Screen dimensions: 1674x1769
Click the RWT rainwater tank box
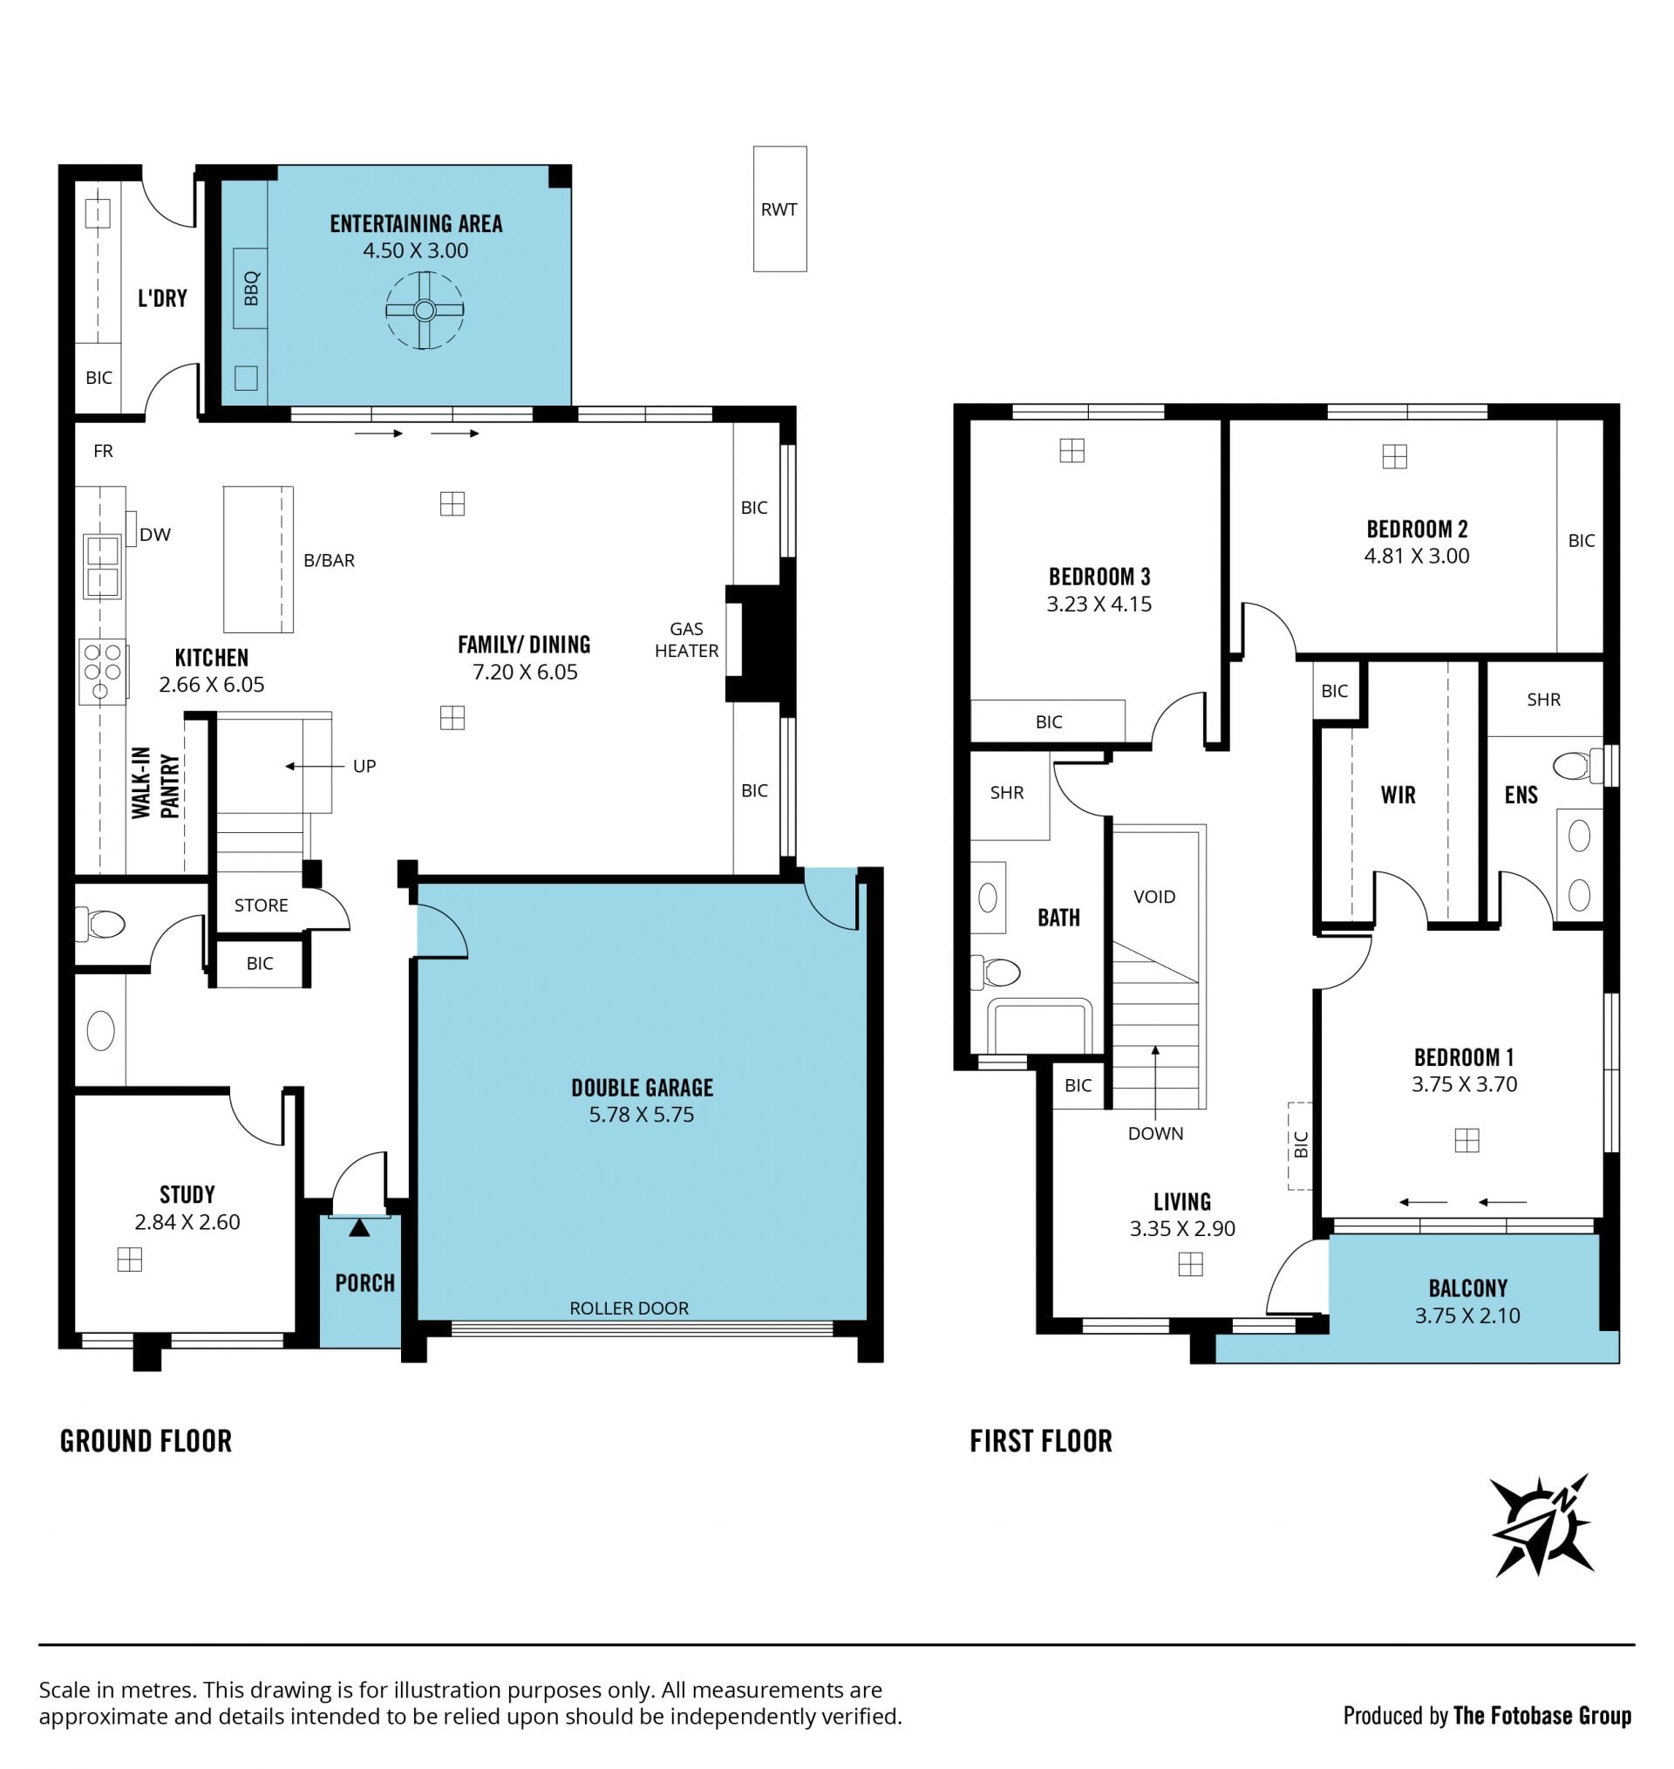(779, 208)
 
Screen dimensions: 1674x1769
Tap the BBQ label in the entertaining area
(251, 288)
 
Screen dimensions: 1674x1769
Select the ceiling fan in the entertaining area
(425, 310)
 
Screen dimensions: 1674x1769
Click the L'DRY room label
(162, 297)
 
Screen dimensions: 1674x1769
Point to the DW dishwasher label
(155, 534)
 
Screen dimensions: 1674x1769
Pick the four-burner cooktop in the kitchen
(103, 671)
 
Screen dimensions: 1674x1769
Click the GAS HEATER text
(686, 640)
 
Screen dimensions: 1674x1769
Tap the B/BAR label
(330, 560)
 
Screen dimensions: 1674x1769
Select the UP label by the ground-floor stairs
(364, 765)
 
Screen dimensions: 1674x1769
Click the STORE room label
(261, 905)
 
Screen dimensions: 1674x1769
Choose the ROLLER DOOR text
(629, 1308)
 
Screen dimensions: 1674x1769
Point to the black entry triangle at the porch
(358, 1228)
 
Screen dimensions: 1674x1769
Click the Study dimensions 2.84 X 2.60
(187, 1221)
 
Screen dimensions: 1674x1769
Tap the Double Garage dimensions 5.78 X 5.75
(642, 1114)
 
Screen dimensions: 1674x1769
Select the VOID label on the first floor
(1154, 896)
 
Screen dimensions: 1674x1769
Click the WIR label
(1398, 795)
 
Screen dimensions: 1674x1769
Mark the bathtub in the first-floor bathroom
(1039, 1026)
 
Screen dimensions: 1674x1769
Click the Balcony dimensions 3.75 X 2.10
(1467, 1315)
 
